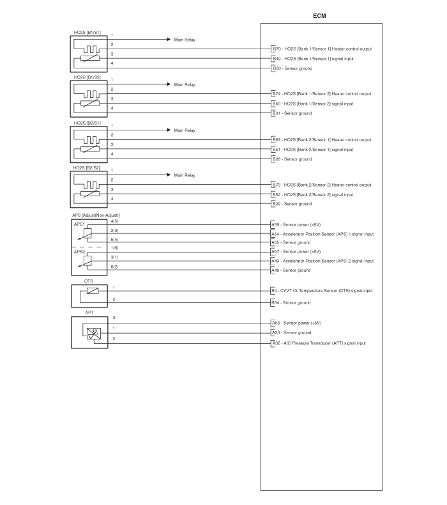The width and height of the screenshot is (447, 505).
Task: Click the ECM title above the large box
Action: (319, 16)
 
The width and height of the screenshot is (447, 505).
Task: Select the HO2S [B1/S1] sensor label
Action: (87, 33)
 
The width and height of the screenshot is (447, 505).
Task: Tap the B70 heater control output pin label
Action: (322, 49)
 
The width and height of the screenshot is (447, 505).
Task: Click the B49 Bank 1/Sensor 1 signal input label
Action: (313, 59)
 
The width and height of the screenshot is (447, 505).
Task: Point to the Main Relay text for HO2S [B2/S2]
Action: (185, 175)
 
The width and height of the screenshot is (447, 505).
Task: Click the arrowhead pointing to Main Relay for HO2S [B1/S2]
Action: (169, 84)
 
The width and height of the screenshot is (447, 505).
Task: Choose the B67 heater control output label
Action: (322, 140)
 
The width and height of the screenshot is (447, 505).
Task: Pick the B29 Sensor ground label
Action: (292, 204)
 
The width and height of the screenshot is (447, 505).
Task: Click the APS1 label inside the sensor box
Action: (79, 224)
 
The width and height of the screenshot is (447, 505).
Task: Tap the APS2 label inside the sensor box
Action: (79, 251)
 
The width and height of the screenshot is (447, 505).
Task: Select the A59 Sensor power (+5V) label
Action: (296, 225)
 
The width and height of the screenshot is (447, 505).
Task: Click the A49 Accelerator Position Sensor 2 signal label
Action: (322, 261)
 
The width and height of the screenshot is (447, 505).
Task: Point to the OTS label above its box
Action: (89, 281)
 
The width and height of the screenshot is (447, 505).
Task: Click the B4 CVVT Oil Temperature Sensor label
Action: (322, 291)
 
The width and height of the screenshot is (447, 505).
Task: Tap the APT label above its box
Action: (89, 313)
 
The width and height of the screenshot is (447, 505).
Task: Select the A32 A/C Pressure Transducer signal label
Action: (319, 343)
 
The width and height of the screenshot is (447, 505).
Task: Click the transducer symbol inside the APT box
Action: (94, 333)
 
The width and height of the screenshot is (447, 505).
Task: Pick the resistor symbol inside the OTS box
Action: (93, 291)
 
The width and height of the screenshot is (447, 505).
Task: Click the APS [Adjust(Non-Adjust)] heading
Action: (96, 215)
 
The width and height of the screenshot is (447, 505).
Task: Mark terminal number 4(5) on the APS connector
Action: (114, 221)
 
